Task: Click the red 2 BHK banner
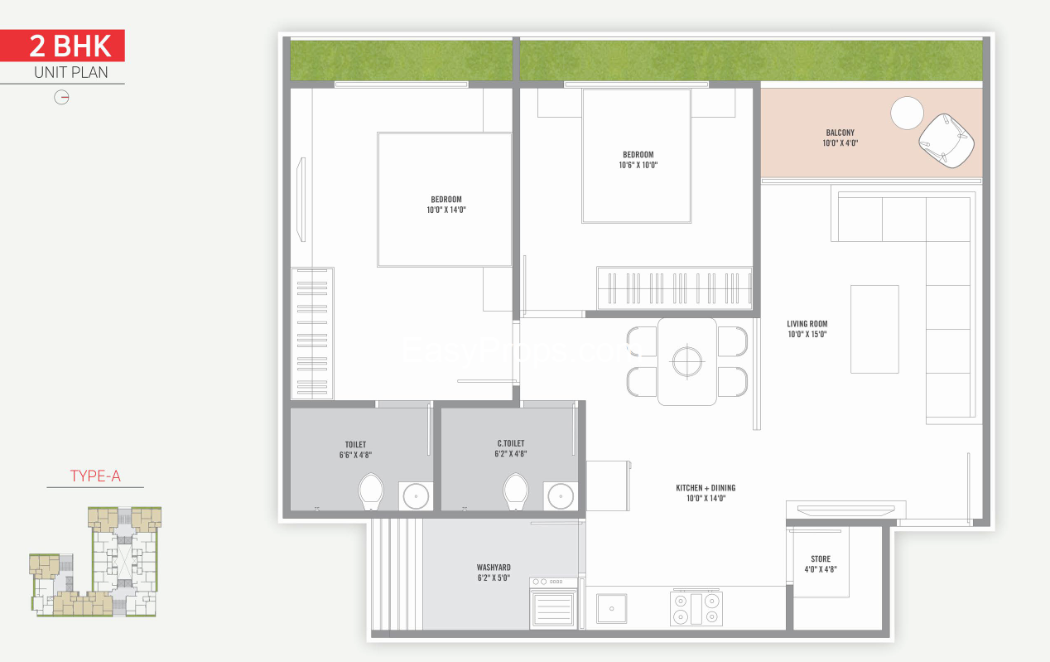[x=62, y=46]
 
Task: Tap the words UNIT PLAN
[x=70, y=73]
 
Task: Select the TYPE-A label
[x=95, y=476]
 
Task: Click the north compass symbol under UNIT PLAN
[x=61, y=98]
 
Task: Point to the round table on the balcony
[x=907, y=113]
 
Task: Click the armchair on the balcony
[x=946, y=141]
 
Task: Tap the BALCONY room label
[x=840, y=133]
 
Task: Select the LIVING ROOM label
[x=807, y=324]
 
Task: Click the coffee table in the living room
[x=874, y=330]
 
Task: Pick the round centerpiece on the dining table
[x=687, y=362]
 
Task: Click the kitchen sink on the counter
[x=612, y=608]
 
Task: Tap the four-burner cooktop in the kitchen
[x=696, y=608]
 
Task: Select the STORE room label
[x=821, y=558]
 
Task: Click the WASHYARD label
[x=494, y=568]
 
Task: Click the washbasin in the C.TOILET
[x=561, y=496]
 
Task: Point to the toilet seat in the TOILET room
[x=371, y=491]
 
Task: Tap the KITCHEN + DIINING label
[x=706, y=488]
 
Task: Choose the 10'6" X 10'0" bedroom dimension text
[x=638, y=165]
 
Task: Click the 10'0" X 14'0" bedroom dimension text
[x=446, y=210]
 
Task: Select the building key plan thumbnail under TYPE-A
[x=95, y=562]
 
